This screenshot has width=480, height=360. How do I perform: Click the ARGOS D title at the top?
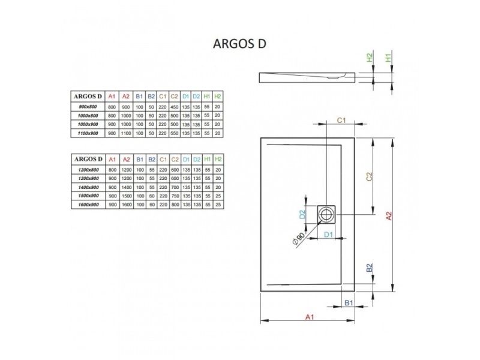(239, 44)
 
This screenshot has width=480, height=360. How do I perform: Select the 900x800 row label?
(88, 107)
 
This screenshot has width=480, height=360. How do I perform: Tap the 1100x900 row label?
(88, 133)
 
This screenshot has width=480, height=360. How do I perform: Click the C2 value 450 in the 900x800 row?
(174, 107)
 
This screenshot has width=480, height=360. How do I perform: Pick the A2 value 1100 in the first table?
(126, 133)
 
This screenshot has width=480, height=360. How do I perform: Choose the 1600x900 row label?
(88, 205)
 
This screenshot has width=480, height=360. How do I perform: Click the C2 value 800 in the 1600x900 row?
(175, 205)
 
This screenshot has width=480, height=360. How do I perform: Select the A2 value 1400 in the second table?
(127, 187)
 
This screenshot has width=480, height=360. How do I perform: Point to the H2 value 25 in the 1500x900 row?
(218, 196)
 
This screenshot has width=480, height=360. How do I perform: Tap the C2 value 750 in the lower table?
(175, 196)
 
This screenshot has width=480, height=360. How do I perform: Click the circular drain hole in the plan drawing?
(326, 214)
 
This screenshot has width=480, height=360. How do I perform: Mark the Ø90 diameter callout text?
(298, 238)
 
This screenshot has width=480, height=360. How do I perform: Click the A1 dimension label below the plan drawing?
(310, 317)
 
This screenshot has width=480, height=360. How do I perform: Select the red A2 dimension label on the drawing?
(388, 216)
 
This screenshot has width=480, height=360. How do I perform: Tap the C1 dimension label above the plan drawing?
(341, 121)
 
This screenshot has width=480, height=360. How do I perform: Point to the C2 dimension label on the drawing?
(370, 176)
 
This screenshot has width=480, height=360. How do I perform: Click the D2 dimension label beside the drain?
(302, 214)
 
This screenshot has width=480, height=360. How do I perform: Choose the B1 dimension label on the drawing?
(349, 303)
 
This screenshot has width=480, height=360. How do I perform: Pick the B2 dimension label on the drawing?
(370, 268)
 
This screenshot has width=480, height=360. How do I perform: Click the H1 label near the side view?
(388, 58)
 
